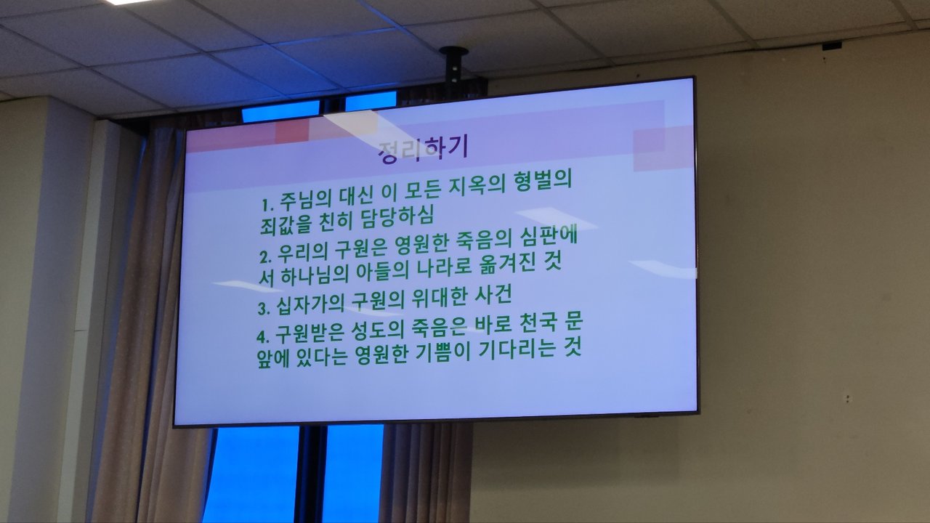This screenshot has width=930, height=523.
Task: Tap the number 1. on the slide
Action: (268, 204)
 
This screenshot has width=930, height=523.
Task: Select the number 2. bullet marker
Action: (265, 257)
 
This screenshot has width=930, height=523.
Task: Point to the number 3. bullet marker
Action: (264, 309)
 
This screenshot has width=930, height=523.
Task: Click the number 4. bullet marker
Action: (263, 336)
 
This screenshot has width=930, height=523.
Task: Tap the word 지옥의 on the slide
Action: (477, 185)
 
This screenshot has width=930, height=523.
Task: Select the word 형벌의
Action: (543, 180)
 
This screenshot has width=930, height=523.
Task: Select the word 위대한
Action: (440, 299)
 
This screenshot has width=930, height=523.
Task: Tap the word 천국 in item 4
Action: (538, 323)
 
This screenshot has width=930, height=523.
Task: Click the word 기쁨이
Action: (442, 352)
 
